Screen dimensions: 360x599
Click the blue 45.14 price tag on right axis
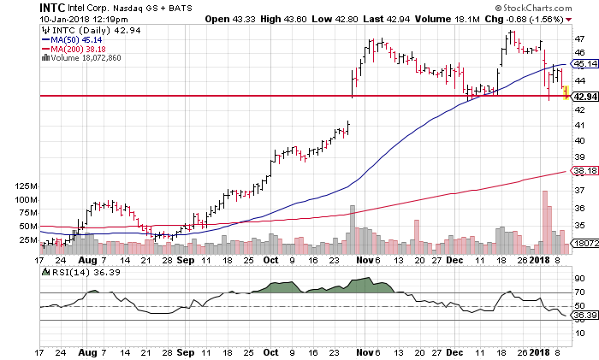pyautogui.click(x=584, y=64)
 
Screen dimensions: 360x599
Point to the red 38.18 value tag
pyautogui.click(x=584, y=171)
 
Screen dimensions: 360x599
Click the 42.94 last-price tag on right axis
pyautogui.click(x=584, y=97)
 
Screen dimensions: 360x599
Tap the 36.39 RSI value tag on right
pyautogui.click(x=584, y=316)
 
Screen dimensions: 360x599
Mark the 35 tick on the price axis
pyautogui.click(x=578, y=226)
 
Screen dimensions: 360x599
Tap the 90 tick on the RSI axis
pyautogui.click(x=578, y=279)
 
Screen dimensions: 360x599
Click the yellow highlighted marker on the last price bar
pyautogui.click(x=566, y=92)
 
